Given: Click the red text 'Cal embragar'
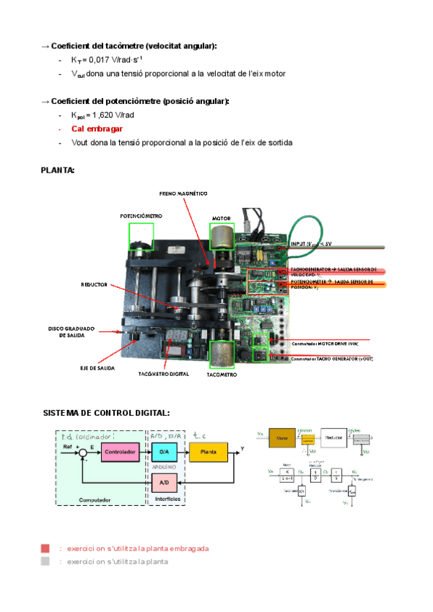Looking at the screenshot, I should [x=97, y=128].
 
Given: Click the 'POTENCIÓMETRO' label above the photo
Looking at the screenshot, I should [x=141, y=216].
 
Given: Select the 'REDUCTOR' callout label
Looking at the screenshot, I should [x=94, y=285].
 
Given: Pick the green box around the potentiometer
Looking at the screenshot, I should [x=141, y=237].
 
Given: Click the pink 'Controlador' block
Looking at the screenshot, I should [x=119, y=453].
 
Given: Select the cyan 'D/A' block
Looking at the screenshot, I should [x=162, y=453].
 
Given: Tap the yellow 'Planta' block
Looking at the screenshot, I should [x=208, y=453].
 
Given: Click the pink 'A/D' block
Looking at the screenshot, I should [x=162, y=482].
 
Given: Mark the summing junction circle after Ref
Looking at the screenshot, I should [x=85, y=453].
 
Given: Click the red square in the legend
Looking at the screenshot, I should [x=45, y=548].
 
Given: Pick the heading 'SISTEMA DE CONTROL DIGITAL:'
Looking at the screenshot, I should [x=107, y=413].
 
